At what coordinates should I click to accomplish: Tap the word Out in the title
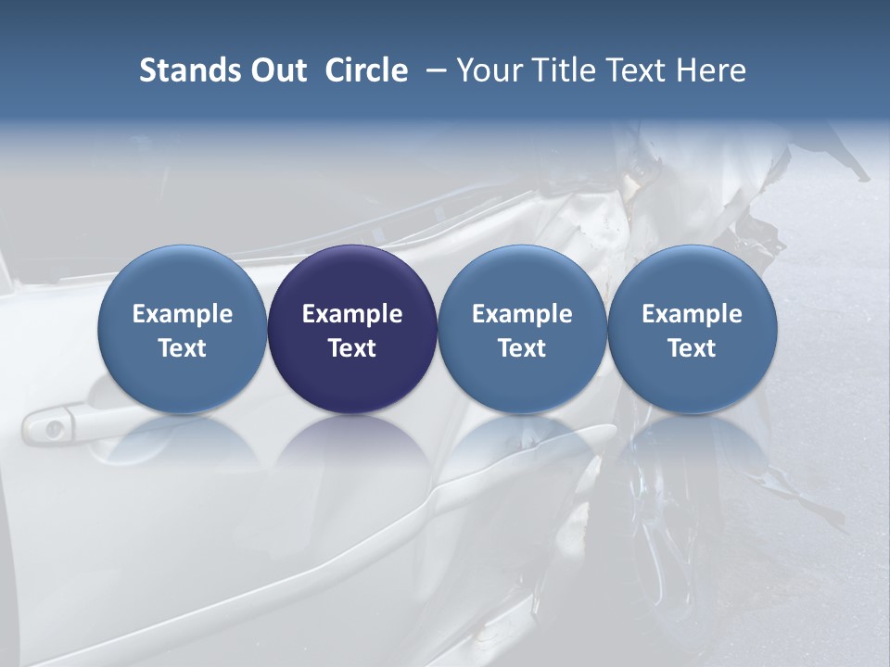[276, 70]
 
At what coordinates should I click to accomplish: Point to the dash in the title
[433, 71]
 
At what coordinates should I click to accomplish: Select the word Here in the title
[711, 70]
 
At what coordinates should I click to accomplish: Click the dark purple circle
[352, 329]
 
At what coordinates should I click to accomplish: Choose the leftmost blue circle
[182, 329]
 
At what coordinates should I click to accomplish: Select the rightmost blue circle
[692, 329]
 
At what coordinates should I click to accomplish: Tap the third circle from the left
[522, 329]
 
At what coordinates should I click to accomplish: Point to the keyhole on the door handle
[54, 428]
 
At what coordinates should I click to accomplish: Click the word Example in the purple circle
[352, 314]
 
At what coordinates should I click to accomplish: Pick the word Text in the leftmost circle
[182, 348]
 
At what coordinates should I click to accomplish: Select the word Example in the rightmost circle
[692, 314]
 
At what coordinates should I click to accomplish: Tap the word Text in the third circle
[522, 348]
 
